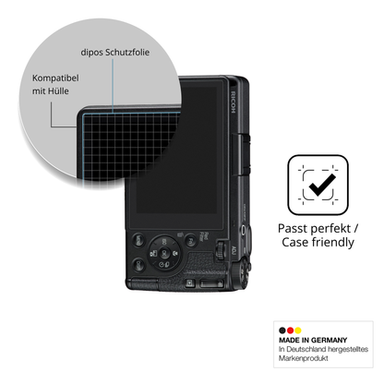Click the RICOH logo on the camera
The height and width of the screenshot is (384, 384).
[x=234, y=102]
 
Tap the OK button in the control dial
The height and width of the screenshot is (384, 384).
[x=164, y=252]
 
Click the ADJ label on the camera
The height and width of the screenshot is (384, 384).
[x=233, y=250]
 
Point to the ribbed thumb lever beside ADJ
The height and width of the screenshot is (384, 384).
[x=220, y=249]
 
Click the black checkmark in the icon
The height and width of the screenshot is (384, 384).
[x=322, y=185]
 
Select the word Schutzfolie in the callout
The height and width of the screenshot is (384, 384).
[x=127, y=53]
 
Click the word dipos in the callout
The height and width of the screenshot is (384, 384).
[x=91, y=53]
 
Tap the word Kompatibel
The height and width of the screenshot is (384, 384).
[x=55, y=78]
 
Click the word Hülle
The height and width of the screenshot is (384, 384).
[x=58, y=91]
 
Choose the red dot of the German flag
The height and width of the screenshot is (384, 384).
[x=290, y=330]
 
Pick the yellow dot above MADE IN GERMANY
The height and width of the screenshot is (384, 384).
[x=298, y=330]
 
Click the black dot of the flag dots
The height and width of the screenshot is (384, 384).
[x=282, y=330]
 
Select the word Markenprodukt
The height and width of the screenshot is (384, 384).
[x=304, y=358]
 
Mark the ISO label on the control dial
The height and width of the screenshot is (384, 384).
[x=164, y=241]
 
